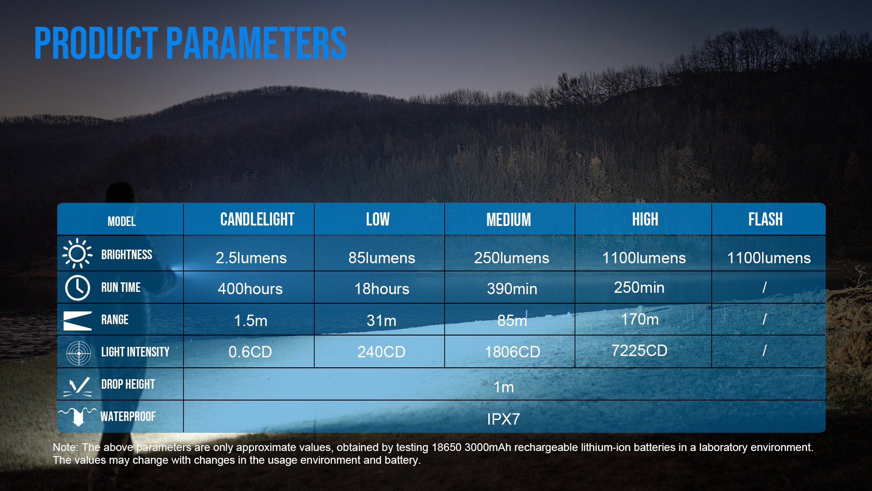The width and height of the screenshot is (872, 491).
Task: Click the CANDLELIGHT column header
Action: [257, 220]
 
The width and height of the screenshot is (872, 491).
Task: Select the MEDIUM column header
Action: [509, 220]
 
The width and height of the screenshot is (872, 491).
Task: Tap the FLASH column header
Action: [765, 220]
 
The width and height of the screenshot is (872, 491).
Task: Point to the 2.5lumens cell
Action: [251, 258]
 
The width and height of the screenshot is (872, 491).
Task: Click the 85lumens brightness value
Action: [381, 258]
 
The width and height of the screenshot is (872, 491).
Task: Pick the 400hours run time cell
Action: [250, 289]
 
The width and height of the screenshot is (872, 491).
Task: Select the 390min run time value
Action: [512, 289]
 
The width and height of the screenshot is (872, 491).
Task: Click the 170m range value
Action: [639, 319]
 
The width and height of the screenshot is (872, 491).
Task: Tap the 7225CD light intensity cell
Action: [639, 351]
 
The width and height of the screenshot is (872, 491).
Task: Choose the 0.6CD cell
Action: [250, 352]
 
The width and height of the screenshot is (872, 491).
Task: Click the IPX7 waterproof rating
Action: [503, 419]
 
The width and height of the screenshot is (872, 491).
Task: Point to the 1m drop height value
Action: [504, 387]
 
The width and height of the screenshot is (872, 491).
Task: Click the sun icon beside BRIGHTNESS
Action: [77, 253]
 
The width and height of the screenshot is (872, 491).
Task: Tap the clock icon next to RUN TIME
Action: [77, 288]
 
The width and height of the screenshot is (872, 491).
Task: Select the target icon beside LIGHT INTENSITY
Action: [78, 353]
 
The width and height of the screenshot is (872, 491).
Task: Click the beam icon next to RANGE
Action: [78, 321]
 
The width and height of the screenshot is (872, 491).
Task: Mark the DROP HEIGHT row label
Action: [128, 384]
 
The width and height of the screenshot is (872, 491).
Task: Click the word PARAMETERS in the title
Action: [256, 43]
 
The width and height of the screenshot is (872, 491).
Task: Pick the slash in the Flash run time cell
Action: [764, 287]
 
